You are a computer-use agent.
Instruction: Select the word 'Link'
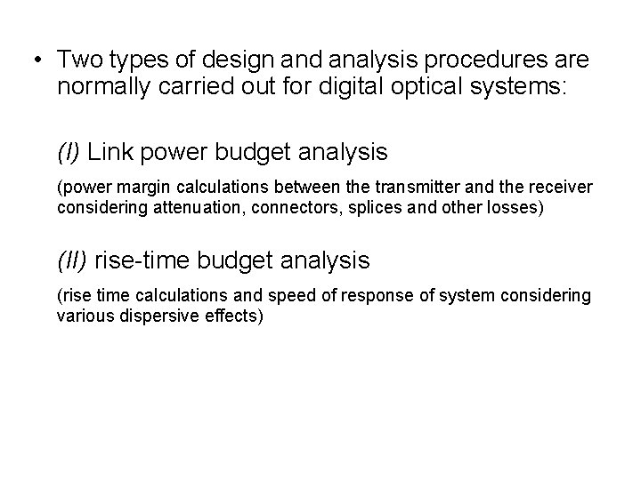[111, 153]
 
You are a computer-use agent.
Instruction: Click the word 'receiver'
[558, 188]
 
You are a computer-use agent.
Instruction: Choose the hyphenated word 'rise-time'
[142, 260]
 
